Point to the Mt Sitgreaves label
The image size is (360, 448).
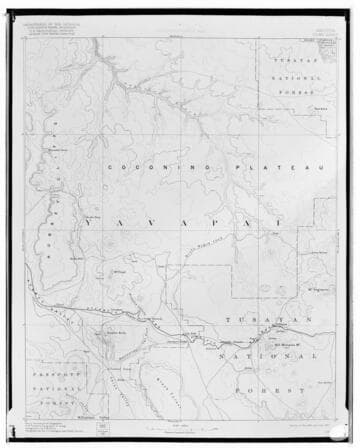click(318, 289)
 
